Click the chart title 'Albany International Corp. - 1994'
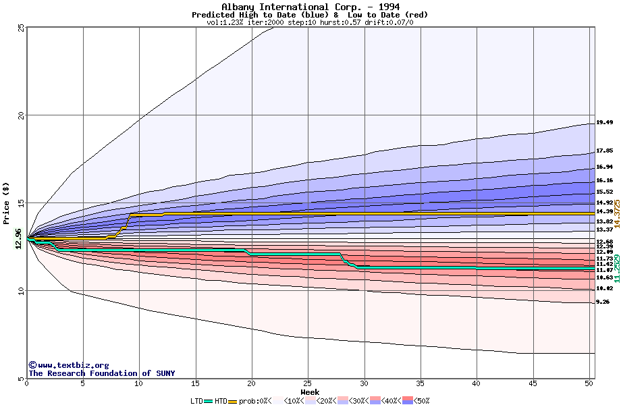[x=310, y=7]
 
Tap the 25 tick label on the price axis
[x=21, y=28]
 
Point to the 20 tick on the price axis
[x=21, y=115]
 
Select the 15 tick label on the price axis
[x=21, y=203]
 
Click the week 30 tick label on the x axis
[x=364, y=384]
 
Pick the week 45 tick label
[x=533, y=384]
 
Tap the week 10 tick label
[x=139, y=384]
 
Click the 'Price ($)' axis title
[x=7, y=203]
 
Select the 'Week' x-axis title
[x=310, y=391]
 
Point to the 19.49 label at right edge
[x=604, y=123]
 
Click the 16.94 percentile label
[x=604, y=167]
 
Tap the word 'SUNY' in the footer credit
[x=165, y=373]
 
